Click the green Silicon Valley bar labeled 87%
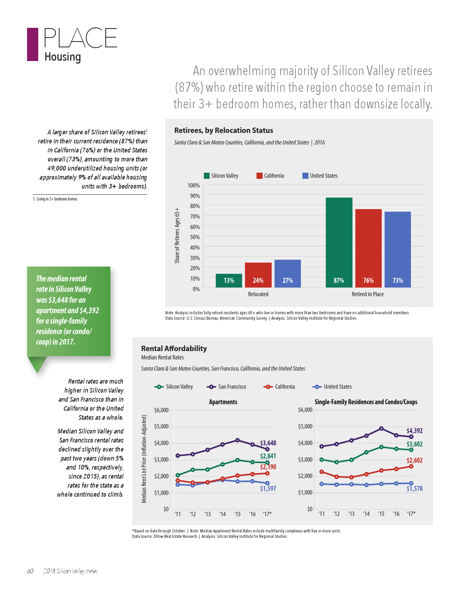coord(339,242)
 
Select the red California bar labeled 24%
coord(258,275)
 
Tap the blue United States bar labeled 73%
coord(398,249)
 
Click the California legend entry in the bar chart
coord(270,176)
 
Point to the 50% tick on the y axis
coord(195,237)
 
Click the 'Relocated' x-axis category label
coord(258,294)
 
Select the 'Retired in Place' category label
coord(368,294)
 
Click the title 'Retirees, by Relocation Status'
coord(224,130)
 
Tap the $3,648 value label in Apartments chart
coord(268,443)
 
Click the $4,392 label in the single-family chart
coord(414,431)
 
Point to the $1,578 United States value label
coord(414,489)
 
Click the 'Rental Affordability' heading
coord(174,349)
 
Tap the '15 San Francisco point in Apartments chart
coord(237,440)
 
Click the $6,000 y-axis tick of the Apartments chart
coord(161,410)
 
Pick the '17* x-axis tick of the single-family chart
coord(411,514)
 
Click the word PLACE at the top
coord(80,38)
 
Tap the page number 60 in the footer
coord(30,571)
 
